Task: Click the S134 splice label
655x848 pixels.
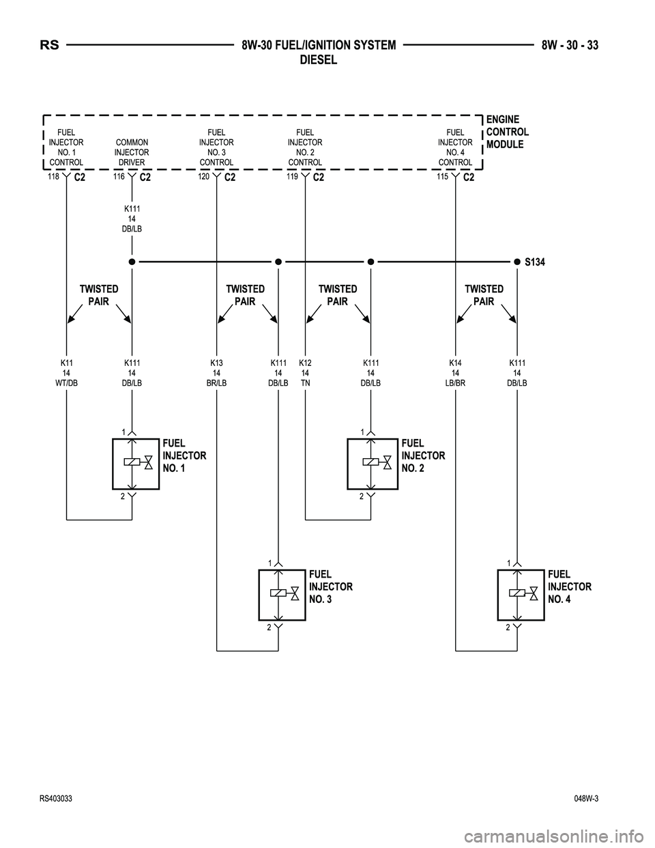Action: point(536,262)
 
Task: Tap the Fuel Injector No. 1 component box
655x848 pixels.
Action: point(135,464)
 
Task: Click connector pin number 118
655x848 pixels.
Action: point(53,176)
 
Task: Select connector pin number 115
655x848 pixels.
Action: point(442,176)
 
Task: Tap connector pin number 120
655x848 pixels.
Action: point(204,176)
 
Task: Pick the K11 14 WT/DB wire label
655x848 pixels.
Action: point(66,373)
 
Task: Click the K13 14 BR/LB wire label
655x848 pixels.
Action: point(216,373)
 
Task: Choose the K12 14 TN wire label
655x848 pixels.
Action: point(305,373)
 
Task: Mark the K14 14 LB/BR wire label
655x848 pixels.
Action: point(455,373)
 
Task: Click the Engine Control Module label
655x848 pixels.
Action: point(507,132)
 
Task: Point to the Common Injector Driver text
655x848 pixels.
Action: point(132,152)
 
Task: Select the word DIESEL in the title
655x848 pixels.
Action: point(319,60)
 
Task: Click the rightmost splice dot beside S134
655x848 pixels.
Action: point(517,261)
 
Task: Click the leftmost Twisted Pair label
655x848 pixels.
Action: point(99,295)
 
